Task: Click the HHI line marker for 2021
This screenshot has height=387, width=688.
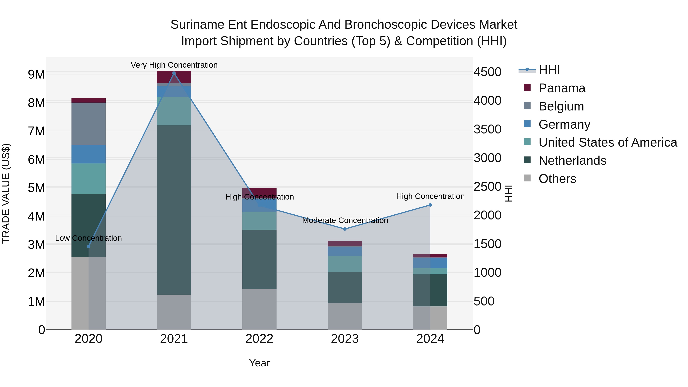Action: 174,73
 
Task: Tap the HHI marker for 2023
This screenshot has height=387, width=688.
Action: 345,229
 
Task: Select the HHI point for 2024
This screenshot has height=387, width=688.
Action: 430,205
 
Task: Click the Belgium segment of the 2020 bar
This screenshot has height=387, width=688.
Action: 88,124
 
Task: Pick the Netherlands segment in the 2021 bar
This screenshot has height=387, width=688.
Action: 174,210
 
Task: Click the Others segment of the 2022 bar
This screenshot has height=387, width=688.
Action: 259,309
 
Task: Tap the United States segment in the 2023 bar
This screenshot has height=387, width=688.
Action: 345,264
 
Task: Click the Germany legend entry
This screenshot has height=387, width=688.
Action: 564,124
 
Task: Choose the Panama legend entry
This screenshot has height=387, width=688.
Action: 562,88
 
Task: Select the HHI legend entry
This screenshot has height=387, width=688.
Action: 549,70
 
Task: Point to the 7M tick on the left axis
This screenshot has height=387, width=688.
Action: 36,131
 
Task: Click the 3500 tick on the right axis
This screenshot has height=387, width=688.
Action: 487,129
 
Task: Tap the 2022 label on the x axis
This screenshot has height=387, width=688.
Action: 259,339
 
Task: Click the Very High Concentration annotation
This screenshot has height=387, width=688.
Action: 174,65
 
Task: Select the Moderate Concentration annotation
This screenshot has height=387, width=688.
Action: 345,220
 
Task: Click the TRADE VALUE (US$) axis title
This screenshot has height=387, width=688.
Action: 6,193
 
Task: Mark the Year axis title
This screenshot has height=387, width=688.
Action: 259,363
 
